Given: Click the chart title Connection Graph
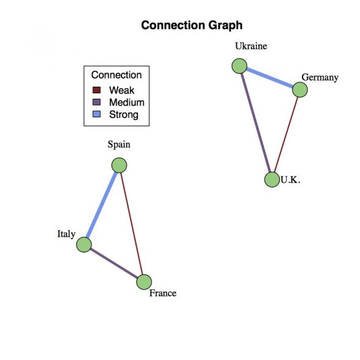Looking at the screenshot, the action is [x=192, y=25].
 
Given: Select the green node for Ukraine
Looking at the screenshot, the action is [x=239, y=66].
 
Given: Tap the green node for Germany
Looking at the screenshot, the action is [x=300, y=90].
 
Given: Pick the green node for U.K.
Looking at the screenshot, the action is [x=272, y=179].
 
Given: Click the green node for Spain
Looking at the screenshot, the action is [x=119, y=165].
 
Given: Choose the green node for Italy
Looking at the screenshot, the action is [x=84, y=245].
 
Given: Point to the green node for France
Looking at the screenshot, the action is [x=144, y=282].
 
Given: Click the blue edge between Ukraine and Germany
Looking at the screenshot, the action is [x=270, y=78].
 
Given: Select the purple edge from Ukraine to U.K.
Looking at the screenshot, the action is [x=256, y=123].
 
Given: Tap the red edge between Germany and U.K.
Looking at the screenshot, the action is [x=286, y=135].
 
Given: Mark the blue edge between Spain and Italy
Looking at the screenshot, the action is [x=102, y=205].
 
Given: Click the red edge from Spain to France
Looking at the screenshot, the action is [x=132, y=223].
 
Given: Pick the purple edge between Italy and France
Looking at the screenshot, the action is [x=114, y=264].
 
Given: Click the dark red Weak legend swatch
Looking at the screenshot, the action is [x=96, y=90].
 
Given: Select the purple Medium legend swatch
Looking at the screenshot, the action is [x=96, y=102].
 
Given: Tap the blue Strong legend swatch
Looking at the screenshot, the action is [x=96, y=114].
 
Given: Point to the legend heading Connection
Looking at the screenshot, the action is [x=117, y=75].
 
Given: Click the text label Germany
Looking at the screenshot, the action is [x=320, y=77].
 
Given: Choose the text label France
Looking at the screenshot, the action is [x=163, y=293].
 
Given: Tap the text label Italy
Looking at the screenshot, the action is [x=67, y=234].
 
